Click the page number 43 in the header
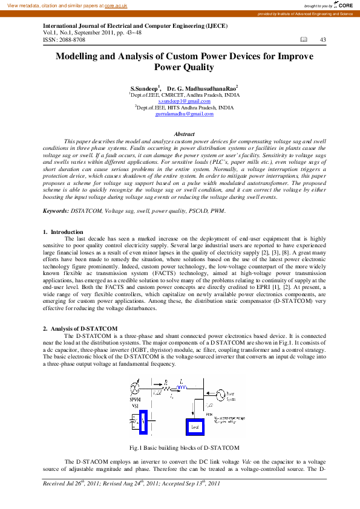click(x=322, y=40)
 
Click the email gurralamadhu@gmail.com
click(x=184, y=114)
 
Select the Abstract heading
click(x=184, y=134)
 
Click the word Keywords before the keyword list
click(x=56, y=211)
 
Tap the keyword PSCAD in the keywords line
click(x=194, y=211)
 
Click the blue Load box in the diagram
click(x=195, y=426)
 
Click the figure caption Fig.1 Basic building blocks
click(x=185, y=448)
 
